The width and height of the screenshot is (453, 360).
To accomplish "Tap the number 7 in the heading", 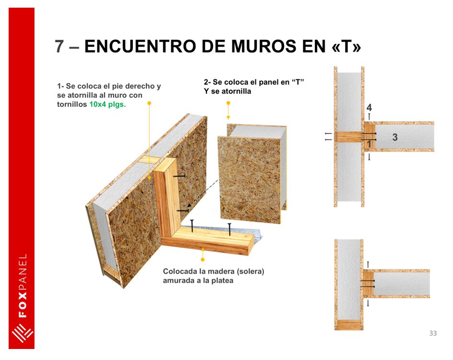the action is (59, 46).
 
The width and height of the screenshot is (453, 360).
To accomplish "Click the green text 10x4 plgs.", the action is (107, 105).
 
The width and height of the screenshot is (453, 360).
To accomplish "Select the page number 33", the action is (433, 333).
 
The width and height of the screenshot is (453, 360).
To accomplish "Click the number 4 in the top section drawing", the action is (369, 108).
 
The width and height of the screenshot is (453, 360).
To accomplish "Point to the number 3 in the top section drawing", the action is (394, 137).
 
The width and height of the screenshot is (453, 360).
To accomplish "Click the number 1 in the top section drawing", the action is (369, 144).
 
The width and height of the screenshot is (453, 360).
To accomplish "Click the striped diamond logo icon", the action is (22, 334).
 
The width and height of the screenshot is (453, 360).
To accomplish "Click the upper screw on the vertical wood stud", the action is (179, 176).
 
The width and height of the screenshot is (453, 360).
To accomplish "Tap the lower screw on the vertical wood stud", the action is (182, 211).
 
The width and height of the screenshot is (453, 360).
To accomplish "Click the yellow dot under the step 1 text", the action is (149, 103).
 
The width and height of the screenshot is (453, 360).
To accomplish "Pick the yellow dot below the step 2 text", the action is (228, 103).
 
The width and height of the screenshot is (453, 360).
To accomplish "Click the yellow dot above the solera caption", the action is (203, 259).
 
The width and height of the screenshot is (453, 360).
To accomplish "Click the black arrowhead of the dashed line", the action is (189, 205).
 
